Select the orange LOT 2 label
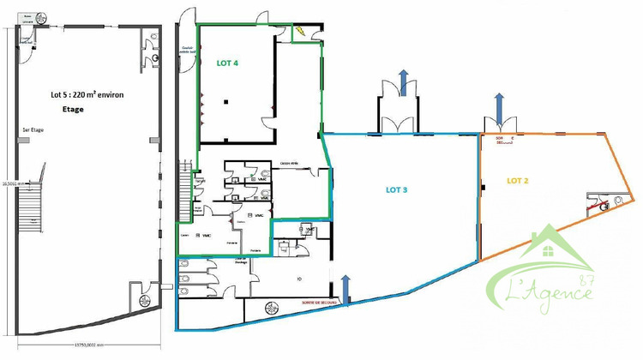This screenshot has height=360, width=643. [518, 181]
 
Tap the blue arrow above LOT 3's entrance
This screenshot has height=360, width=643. [403, 85]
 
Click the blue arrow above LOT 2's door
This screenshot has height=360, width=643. [499, 109]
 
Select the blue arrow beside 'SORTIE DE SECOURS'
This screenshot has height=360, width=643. [346, 286]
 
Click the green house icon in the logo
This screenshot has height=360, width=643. [547, 248]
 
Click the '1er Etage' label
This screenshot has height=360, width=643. [33, 129]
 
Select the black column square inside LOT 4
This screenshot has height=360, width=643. [225, 102]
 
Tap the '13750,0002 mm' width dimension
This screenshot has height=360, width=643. [84, 345]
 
